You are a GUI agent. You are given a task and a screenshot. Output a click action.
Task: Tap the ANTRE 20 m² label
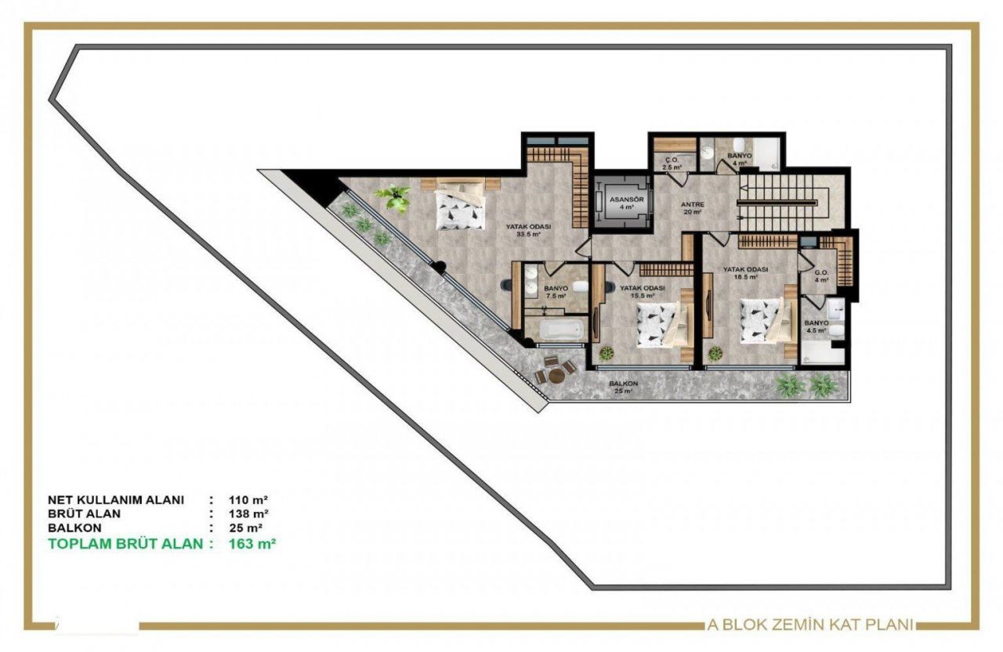tap(693, 208)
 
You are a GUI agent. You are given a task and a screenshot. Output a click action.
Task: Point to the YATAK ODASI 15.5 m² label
tap(643, 291)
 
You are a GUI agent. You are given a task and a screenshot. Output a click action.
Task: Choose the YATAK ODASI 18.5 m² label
tap(745, 272)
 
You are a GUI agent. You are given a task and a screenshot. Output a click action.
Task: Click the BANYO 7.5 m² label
tap(556, 291)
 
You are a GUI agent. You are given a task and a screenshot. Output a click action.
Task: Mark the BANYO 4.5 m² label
tap(816, 326)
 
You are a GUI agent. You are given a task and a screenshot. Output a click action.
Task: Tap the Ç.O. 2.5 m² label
tap(671, 164)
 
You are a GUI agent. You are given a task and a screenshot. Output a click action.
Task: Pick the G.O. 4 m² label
tap(820, 276)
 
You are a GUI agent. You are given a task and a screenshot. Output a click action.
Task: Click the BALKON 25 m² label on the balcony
tap(624, 387)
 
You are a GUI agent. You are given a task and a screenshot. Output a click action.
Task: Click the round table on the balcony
tap(556, 375)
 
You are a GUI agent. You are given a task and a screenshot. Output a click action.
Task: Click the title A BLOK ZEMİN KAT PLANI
tap(810, 625)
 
